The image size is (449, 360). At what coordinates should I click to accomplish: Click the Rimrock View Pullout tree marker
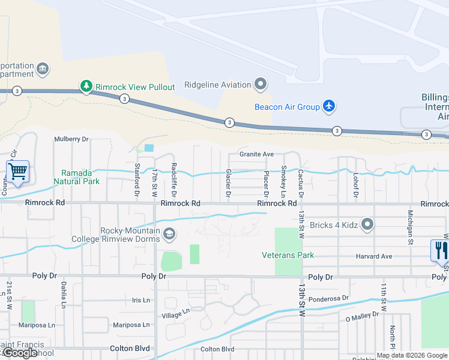pyautogui.click(x=86, y=86)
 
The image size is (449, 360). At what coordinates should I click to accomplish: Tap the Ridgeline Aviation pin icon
pyautogui.click(x=261, y=85)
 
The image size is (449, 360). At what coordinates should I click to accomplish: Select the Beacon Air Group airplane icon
pyautogui.click(x=328, y=107)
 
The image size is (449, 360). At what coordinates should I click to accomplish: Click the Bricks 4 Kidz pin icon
pyautogui.click(x=368, y=226)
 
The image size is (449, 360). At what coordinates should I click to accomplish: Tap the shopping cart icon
pyautogui.click(x=17, y=172)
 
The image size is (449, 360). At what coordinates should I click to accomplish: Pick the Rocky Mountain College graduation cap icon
pyautogui.click(x=169, y=235)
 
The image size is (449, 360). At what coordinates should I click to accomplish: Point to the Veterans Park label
pyautogui.click(x=288, y=255)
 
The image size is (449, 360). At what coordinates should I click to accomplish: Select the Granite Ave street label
pyautogui.click(x=256, y=154)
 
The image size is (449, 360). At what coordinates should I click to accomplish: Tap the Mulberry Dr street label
pyautogui.click(x=71, y=139)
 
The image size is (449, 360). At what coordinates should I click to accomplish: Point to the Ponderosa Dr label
pyautogui.click(x=330, y=298)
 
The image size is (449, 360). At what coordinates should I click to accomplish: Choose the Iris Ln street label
pyautogui.click(x=139, y=300)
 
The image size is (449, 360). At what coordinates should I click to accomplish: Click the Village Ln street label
pyautogui.click(x=175, y=313)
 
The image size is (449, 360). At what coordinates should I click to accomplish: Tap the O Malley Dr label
pyautogui.click(x=362, y=314)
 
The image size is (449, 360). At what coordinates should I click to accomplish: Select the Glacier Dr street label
pyautogui.click(x=228, y=182)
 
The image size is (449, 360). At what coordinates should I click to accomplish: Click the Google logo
pyautogui.click(x=20, y=353)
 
